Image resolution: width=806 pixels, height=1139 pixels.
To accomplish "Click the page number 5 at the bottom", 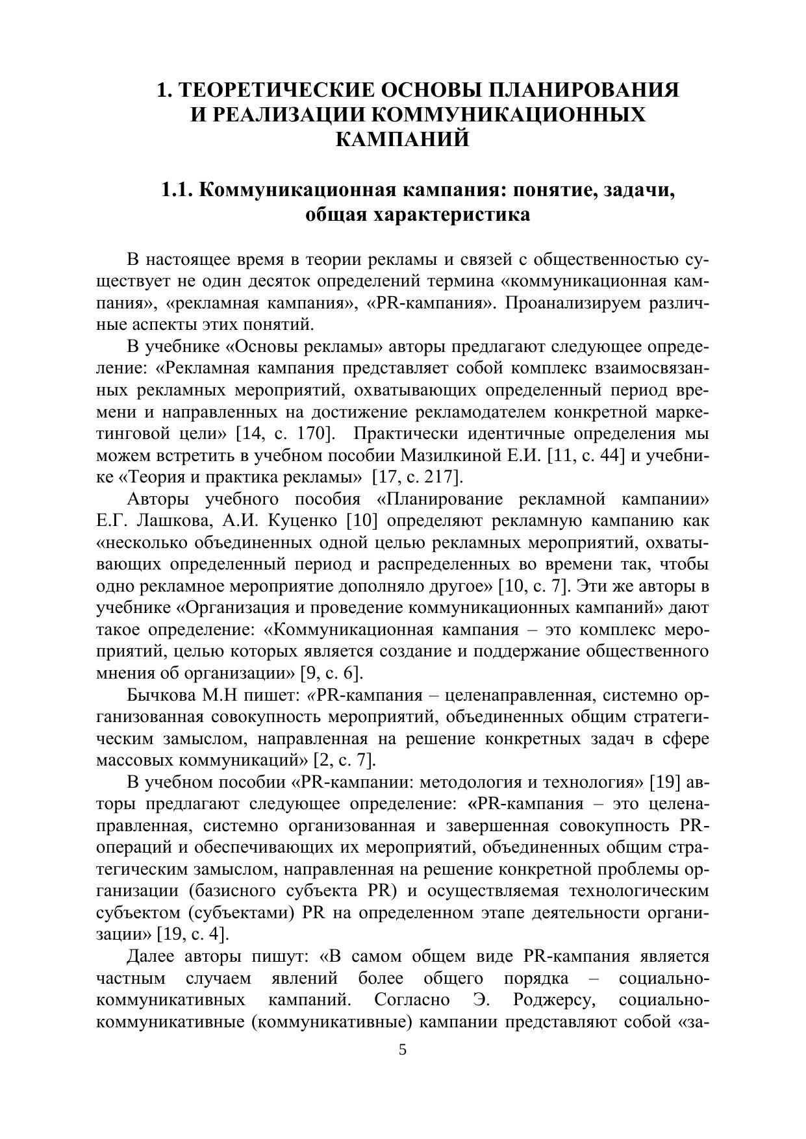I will point(403,1050).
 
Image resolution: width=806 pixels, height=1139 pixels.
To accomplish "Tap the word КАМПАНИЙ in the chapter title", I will point(403,138).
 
